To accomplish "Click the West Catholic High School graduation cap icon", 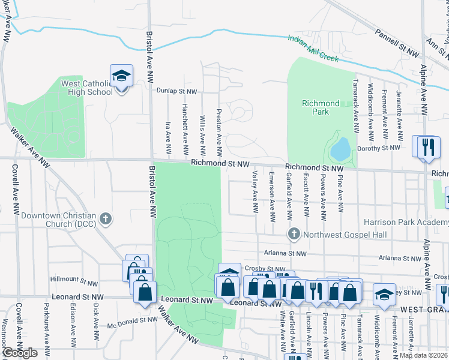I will pyautogui.click(x=121, y=76).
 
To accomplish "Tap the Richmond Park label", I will pyautogui.click(x=321, y=107).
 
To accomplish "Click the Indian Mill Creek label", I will pyautogui.click(x=313, y=49).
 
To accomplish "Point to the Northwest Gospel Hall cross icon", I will pyautogui.click(x=294, y=233).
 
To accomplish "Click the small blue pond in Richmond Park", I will pyautogui.click(x=340, y=149).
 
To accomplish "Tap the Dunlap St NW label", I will pyautogui.click(x=176, y=91).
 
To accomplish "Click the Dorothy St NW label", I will pyautogui.click(x=378, y=148).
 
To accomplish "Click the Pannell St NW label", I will pyautogui.click(x=396, y=43).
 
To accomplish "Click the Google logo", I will pyautogui.click(x=19, y=353).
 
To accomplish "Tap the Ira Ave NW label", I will pyautogui.click(x=168, y=137).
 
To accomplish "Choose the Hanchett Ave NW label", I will pyautogui.click(x=185, y=127).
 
